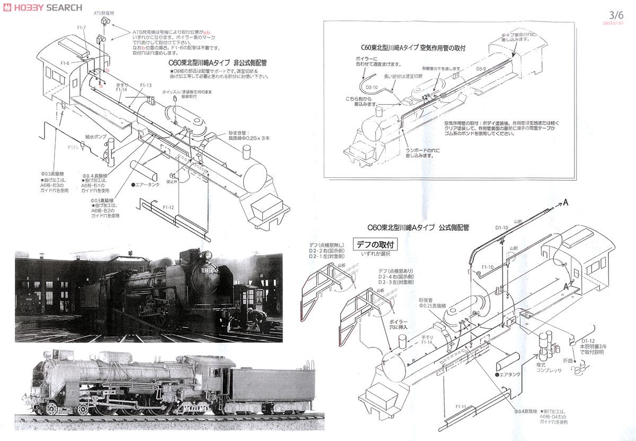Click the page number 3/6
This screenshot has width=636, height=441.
point(616,16)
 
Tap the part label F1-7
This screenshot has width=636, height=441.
point(81,27)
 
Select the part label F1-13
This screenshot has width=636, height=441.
point(146,85)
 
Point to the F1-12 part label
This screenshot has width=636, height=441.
point(169,207)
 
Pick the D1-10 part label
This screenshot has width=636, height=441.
point(501,227)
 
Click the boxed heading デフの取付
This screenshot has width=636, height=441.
point(376,245)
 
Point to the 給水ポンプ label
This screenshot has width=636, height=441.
point(96,136)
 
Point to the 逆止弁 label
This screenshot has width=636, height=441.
point(171,181)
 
